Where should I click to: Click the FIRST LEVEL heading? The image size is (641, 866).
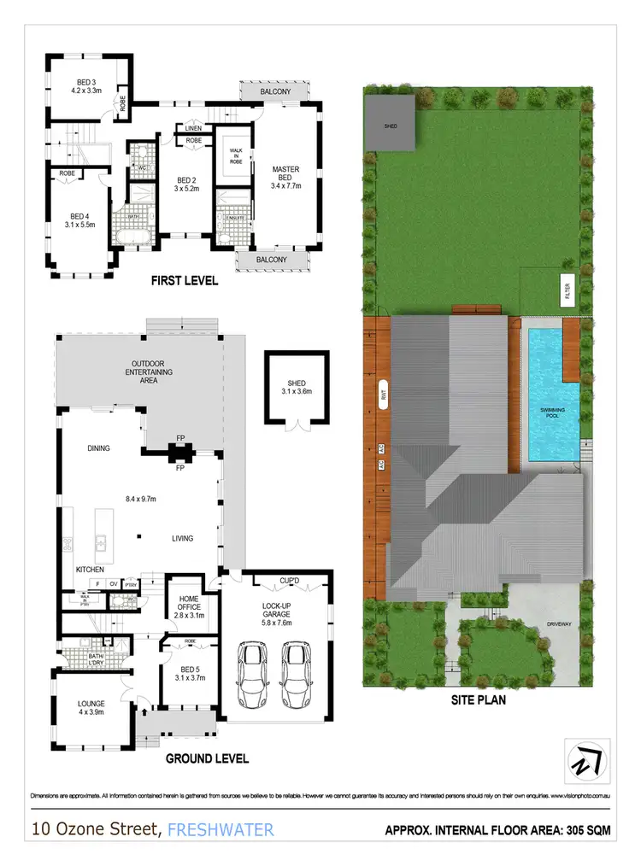click(184, 280)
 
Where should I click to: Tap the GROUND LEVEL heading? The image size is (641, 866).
click(206, 758)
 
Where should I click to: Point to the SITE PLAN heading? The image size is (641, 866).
click(478, 700)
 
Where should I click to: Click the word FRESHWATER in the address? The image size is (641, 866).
click(221, 829)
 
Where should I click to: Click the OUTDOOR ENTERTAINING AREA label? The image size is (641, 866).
click(147, 372)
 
